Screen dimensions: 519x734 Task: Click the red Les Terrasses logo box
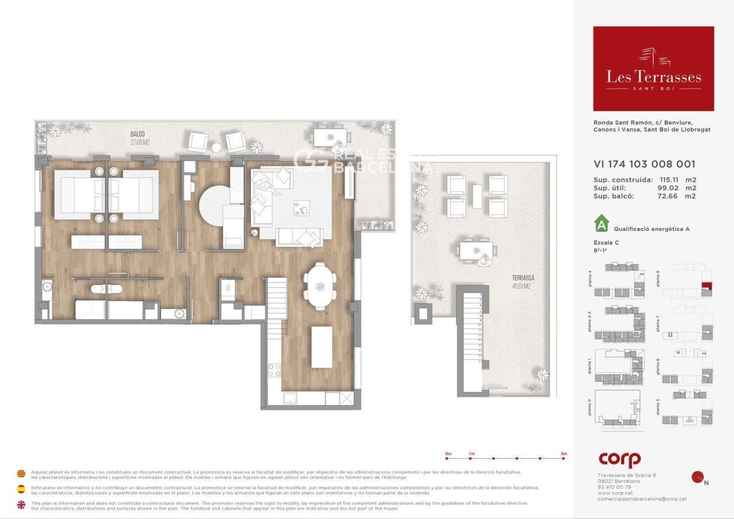[x=653, y=68]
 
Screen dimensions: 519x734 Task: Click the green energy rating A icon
[x=602, y=223]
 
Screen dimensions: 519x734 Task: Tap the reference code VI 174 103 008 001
[x=645, y=164]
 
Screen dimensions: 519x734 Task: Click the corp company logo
[x=619, y=459]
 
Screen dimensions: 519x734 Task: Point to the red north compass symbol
[x=698, y=477]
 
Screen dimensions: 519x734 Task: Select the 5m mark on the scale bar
[x=564, y=458]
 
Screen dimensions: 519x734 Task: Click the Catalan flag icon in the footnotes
[x=21, y=474]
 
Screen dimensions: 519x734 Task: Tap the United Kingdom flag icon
[x=21, y=505]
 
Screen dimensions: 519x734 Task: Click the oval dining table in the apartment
[x=320, y=286]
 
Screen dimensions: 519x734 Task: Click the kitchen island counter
[x=322, y=347]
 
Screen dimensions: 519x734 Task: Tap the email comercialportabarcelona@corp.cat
[x=642, y=499]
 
